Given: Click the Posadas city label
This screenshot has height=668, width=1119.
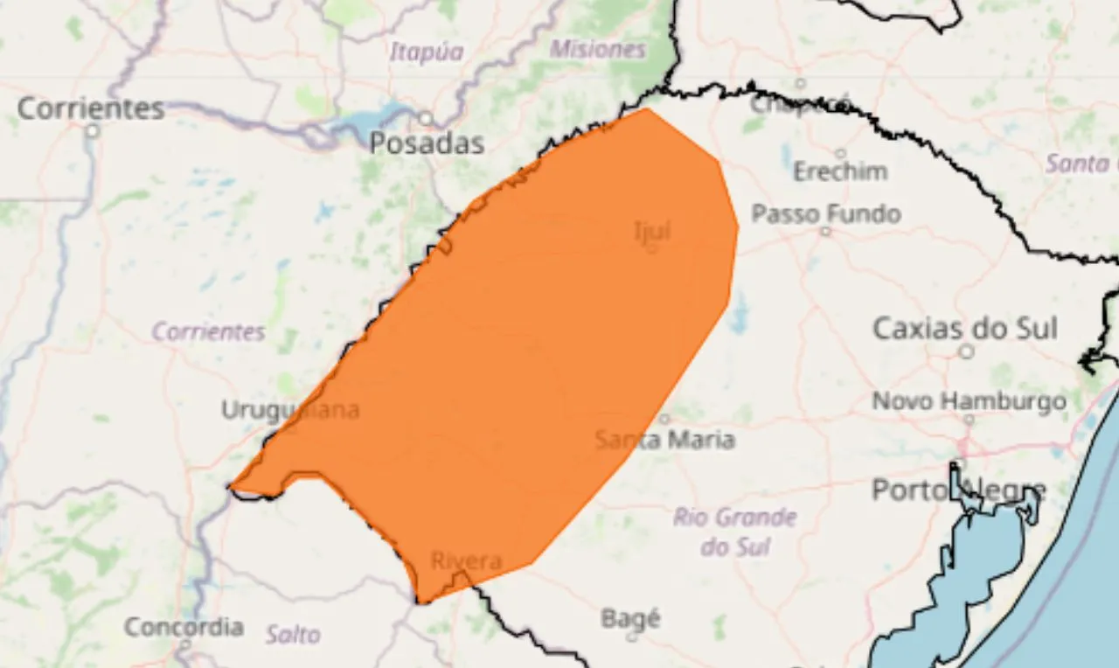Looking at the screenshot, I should point(427,143).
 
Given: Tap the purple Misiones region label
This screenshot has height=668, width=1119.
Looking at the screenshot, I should point(598,49).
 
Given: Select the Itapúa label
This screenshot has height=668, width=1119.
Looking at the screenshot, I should point(426,52).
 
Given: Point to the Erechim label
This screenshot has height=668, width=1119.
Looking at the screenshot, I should point(839,171).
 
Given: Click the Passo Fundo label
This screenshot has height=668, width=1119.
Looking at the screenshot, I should point(826,213).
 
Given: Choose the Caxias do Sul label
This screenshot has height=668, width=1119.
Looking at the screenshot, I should point(965,329).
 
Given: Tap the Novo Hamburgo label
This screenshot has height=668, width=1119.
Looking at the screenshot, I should point(970,401).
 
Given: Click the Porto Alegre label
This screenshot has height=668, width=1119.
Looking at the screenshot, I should point(958,491).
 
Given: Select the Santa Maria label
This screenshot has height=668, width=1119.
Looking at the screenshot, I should point(664,439).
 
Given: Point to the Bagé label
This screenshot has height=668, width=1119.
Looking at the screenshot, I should point(630,619).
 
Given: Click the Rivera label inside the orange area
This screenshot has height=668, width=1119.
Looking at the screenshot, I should point(466,560).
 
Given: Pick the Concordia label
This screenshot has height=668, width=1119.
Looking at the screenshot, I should point(184,627).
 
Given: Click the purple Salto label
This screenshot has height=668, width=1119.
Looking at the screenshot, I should point(293,634).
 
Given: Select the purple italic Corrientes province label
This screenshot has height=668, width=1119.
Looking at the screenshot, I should point(208,332).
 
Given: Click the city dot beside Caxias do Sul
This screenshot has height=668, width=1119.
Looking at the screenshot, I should point(966,351).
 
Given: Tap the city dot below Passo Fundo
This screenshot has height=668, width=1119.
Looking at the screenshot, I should point(825,232).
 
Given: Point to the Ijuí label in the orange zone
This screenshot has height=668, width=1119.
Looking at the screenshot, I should point(652,231).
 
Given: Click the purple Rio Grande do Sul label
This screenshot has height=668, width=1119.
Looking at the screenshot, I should point(734,532).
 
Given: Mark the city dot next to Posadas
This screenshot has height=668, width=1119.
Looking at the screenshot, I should point(425,118).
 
